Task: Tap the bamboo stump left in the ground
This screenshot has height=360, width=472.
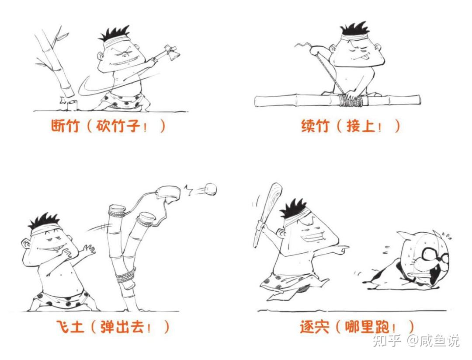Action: (72, 105)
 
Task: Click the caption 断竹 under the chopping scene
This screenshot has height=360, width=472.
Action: (65, 126)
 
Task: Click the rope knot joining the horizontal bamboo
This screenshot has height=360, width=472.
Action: (350, 100)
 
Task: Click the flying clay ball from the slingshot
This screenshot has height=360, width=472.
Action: (210, 189)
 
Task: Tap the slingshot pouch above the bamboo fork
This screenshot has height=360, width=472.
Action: (168, 194)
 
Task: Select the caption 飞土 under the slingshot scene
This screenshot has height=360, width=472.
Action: (70, 327)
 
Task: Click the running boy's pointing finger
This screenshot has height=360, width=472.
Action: (343, 249)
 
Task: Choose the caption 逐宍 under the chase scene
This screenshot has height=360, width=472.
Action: (314, 327)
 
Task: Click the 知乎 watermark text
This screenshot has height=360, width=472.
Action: (386, 340)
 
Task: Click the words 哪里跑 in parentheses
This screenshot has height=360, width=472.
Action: (367, 327)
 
